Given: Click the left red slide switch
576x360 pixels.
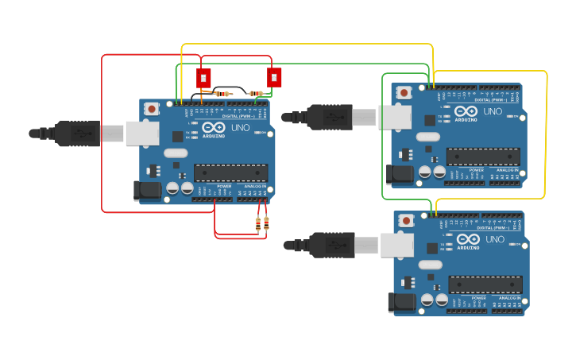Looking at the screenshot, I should pyautogui.click(x=203, y=78).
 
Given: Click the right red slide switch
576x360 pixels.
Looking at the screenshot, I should pyautogui.click(x=274, y=77).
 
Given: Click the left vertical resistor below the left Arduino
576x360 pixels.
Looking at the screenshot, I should pyautogui.click(x=258, y=224).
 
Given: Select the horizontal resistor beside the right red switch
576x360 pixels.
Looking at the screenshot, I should pyautogui.click(x=256, y=94).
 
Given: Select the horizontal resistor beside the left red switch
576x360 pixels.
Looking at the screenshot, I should pyautogui.click(x=222, y=94).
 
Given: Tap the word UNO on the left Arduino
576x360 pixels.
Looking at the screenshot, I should pyautogui.click(x=241, y=127).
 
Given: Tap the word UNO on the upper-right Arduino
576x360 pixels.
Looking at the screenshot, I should pyautogui.click(x=493, y=111).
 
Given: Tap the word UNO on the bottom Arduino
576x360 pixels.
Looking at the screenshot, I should pyautogui.click(x=494, y=239).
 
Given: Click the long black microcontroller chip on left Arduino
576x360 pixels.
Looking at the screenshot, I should pyautogui.click(x=230, y=172).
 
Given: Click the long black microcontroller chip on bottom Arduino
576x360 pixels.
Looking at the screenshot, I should pyautogui.click(x=485, y=285).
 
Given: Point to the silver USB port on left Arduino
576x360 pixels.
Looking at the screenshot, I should pyautogui.click(x=142, y=134).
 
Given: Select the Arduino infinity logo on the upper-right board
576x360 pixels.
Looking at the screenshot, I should pyautogui.click(x=466, y=111).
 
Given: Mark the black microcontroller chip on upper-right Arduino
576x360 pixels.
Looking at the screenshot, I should pyautogui.click(x=483, y=157).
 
